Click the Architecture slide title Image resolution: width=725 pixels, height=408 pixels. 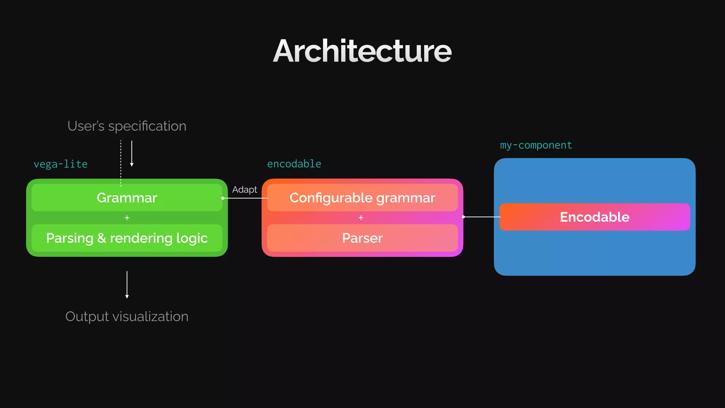point(362,51)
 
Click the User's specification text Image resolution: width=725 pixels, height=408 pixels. point(127,126)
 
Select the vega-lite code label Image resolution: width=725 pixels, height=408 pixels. point(61,164)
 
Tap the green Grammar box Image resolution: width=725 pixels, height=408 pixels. point(127,198)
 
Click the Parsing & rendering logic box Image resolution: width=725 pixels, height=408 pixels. point(127,238)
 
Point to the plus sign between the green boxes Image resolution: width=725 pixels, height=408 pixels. point(127,218)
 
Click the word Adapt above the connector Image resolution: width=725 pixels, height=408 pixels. point(244,190)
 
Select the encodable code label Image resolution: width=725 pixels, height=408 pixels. point(294,164)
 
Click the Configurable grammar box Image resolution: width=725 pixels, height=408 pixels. point(362,198)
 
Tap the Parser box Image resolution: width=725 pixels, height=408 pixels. point(362,238)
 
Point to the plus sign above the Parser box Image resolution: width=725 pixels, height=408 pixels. point(361,218)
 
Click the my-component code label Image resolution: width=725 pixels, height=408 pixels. point(536,145)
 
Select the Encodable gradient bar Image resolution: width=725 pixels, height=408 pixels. point(594,217)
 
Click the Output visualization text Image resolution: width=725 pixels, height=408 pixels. point(127,316)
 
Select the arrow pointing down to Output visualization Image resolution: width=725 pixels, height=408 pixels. point(127,284)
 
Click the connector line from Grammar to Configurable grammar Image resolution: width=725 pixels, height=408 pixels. point(245,198)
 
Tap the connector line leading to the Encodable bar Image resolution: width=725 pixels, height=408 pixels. point(481,217)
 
